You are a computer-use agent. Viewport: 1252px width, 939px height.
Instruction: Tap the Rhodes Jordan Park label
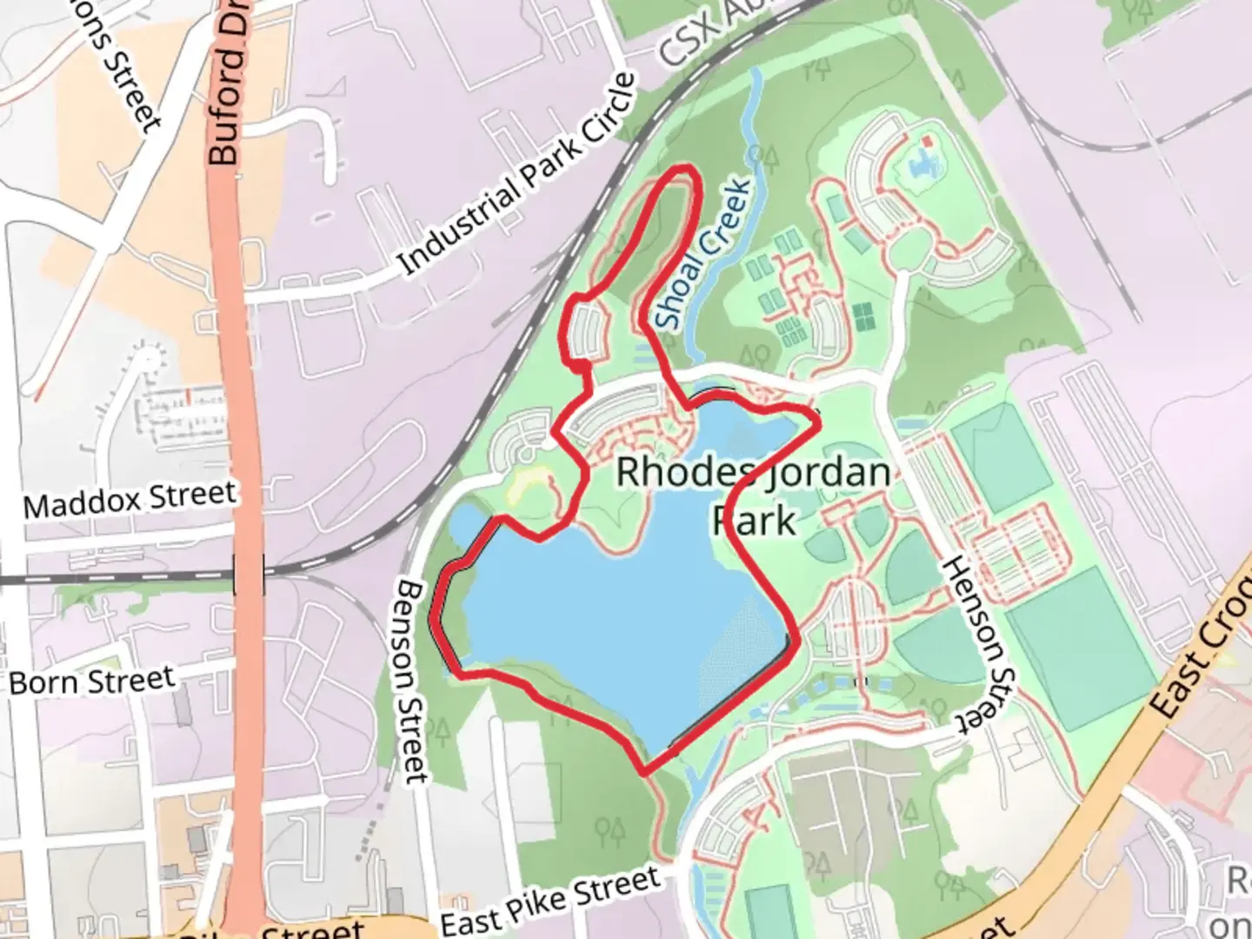pos(753,496)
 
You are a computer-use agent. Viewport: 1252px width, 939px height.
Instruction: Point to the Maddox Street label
pos(130,499)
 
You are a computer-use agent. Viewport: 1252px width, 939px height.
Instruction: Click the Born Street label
pos(92,680)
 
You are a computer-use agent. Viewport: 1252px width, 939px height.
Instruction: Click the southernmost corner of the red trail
pos(644,771)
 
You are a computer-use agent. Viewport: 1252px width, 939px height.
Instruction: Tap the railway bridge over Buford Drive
pos(249,575)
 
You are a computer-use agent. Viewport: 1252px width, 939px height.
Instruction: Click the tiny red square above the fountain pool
pos(928,140)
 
